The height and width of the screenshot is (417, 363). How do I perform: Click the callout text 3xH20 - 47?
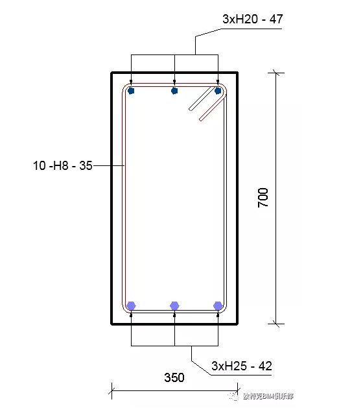tap(252, 19)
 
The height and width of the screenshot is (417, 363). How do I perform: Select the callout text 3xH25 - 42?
tap(242, 366)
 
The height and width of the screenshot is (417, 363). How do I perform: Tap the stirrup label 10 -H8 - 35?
tap(63, 165)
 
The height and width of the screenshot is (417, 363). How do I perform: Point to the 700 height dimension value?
tap(263, 198)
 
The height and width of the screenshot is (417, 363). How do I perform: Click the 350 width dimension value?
tap(174, 377)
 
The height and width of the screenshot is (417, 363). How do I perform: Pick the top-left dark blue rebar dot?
tap(131, 91)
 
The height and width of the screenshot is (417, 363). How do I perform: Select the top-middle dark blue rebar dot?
tap(174, 91)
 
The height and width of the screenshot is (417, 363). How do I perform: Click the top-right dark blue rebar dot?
tap(218, 91)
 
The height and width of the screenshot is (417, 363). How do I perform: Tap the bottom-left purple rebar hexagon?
tap(131, 306)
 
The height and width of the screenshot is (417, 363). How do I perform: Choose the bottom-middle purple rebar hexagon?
tap(174, 306)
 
